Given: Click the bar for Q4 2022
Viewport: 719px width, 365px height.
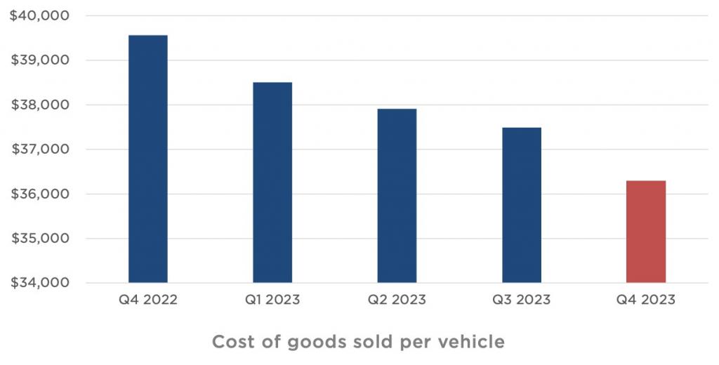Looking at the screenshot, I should pos(147,159).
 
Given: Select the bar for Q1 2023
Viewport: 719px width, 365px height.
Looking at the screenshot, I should pos(272,182).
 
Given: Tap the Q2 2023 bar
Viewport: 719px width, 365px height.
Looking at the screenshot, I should pos(397,196).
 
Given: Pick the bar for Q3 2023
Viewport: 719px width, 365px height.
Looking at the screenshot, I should pos(522,205).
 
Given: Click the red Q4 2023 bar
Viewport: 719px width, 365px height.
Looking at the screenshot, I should pos(646,232).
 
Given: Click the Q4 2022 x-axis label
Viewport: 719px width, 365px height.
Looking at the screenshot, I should pos(147,300).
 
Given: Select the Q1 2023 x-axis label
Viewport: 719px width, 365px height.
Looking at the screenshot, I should pos(272,300).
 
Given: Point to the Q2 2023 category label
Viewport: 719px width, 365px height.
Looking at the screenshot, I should pos(397,300).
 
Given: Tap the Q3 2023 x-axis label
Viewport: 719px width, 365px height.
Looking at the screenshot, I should pos(522,300).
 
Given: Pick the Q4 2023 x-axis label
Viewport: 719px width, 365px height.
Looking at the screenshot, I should pos(646,300).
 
